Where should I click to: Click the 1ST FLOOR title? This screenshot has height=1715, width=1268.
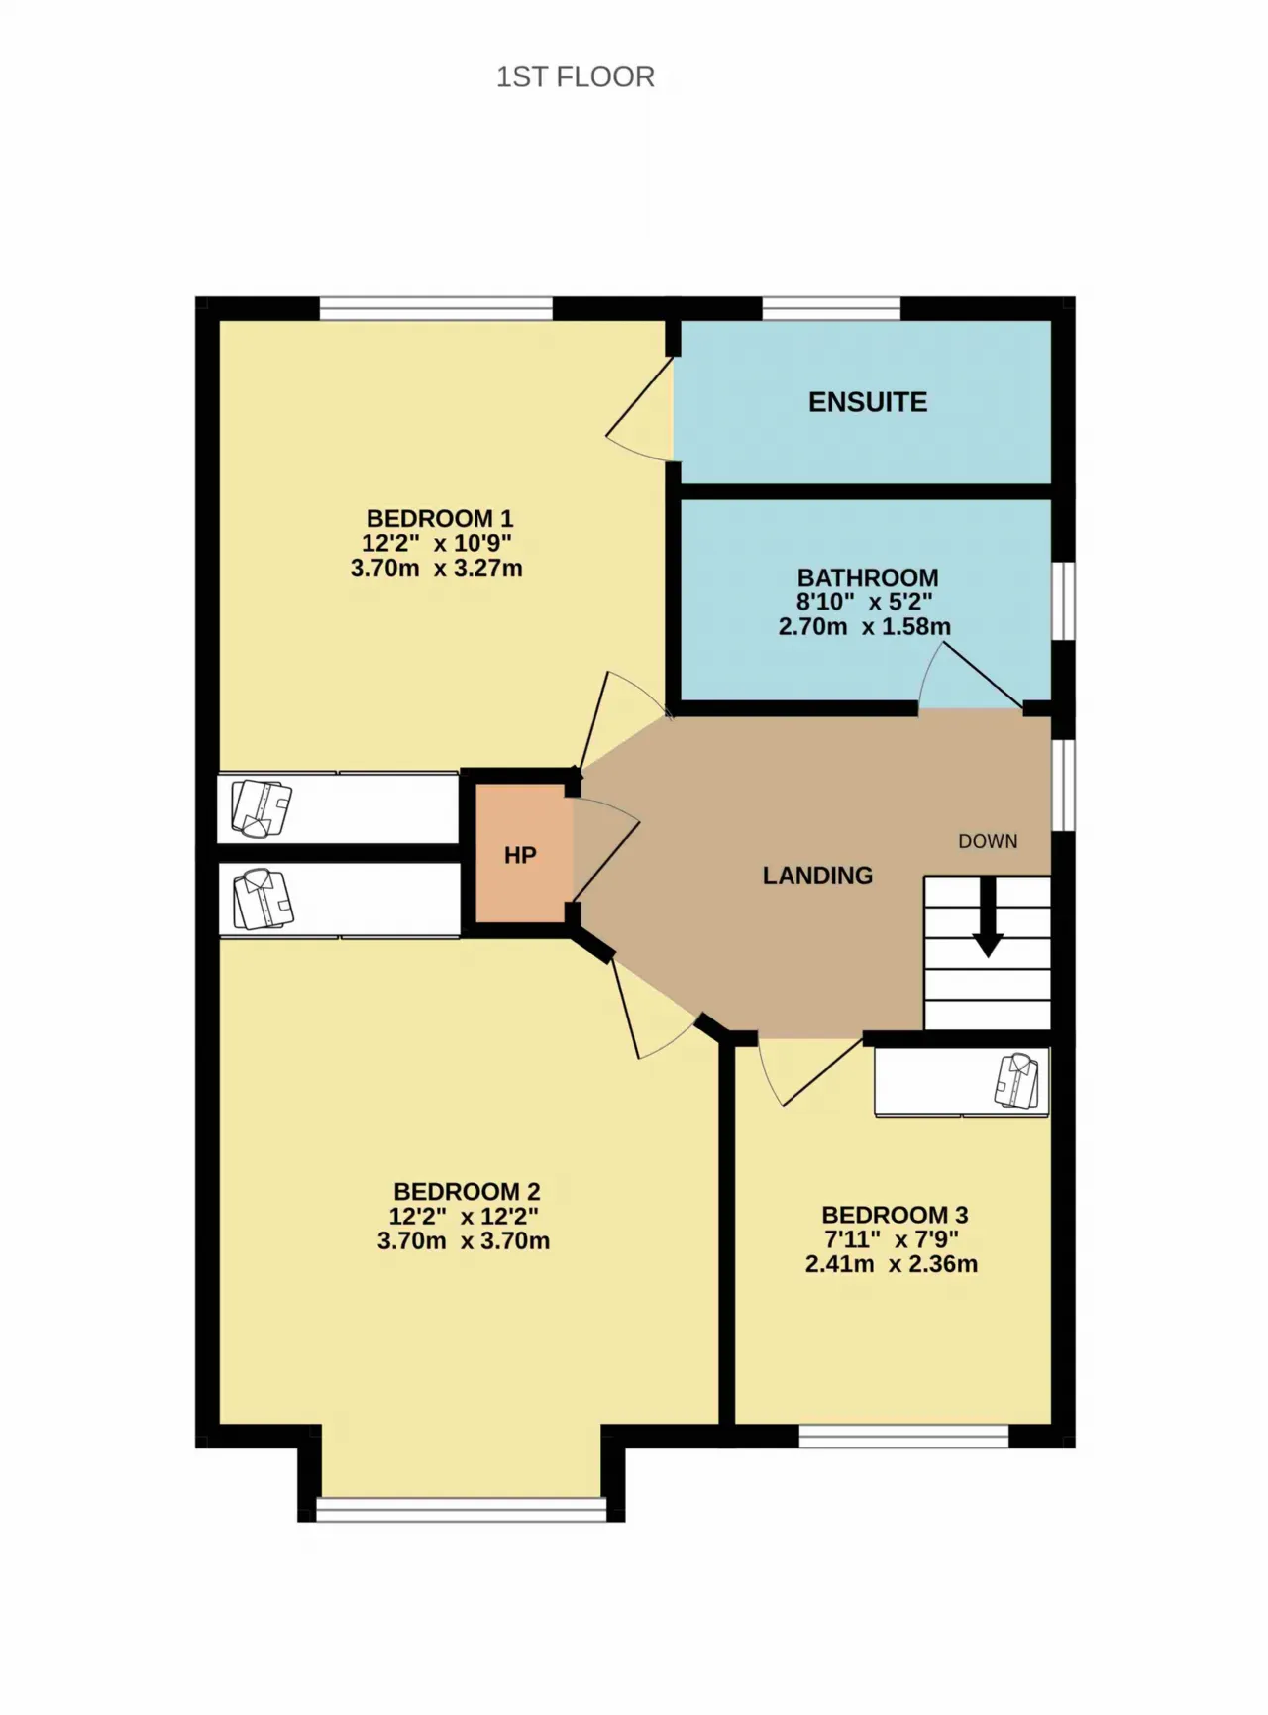click(575, 77)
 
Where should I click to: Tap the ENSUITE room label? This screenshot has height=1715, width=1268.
click(868, 402)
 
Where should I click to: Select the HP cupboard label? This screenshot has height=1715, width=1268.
click(520, 856)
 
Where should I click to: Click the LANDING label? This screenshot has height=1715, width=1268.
click(817, 875)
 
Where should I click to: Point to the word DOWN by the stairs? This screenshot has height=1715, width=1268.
click(988, 841)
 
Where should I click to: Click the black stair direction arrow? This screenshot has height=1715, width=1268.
click(988, 916)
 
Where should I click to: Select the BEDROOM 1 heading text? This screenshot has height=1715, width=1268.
click(440, 518)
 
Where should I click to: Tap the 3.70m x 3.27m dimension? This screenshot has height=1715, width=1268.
click(437, 569)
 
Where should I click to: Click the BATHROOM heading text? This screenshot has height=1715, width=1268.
click(868, 577)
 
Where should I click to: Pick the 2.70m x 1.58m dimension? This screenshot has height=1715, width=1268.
click(865, 627)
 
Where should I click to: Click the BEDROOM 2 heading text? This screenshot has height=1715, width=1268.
click(467, 1191)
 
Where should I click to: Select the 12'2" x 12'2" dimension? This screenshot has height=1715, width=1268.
click(464, 1216)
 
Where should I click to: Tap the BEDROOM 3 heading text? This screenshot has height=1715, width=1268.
click(895, 1215)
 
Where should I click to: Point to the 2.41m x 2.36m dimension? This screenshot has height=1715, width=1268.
click(892, 1265)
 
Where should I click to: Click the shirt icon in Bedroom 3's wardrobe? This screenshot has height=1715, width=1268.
click(1018, 1081)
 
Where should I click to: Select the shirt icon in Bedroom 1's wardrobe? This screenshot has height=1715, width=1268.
click(262, 808)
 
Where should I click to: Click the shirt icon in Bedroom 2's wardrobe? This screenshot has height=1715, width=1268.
click(264, 900)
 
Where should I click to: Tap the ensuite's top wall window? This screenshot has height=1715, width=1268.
click(831, 308)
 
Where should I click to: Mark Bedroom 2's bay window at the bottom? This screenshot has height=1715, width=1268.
click(461, 1509)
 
